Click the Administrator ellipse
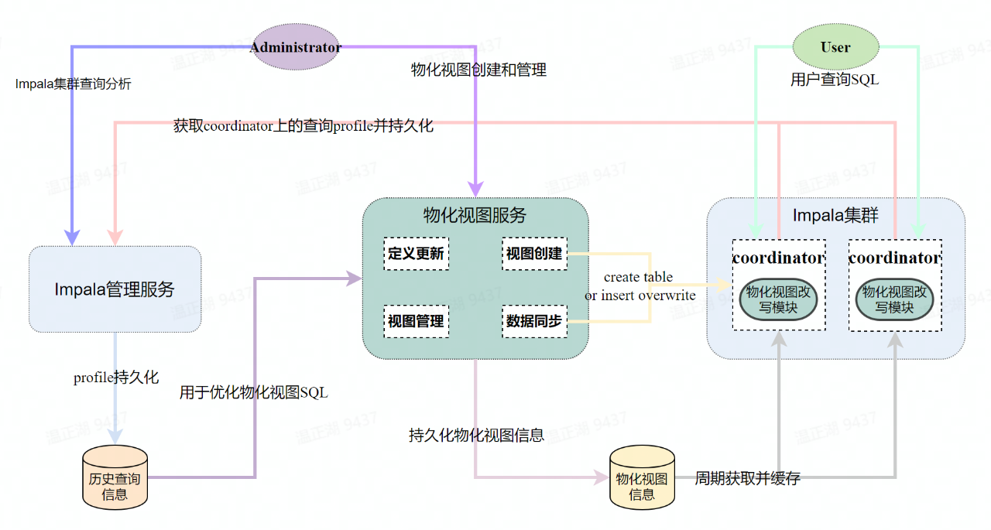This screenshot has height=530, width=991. coord(296,47)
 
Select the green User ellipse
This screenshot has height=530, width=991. coord(835,47)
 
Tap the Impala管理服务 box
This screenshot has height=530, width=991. coord(115,289)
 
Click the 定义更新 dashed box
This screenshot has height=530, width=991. coord(416,253)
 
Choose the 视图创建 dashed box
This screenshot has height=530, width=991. coord(534,253)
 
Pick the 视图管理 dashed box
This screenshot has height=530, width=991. coord(416,321)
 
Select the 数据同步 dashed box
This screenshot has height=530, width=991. coord(534,321)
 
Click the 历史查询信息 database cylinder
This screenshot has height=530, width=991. coord(115,477)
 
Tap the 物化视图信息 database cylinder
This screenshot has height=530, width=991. coord(642,477)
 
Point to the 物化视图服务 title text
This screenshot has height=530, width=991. coord(475,215)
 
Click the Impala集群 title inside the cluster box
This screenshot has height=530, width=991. coord(835,215)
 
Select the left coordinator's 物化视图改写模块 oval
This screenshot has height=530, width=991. coord(778,299)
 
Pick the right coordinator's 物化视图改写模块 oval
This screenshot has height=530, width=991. coord(894,299)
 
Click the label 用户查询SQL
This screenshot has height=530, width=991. coord(835,80)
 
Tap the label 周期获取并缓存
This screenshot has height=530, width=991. coord(747,478)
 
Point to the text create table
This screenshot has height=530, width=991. coord(638,277)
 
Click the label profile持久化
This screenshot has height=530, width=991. coord(116,377)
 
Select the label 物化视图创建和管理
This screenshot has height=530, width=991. coord(478,70)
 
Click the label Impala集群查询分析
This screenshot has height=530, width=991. coord(73,84)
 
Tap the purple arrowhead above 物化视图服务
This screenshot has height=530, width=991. coord(475,189)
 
